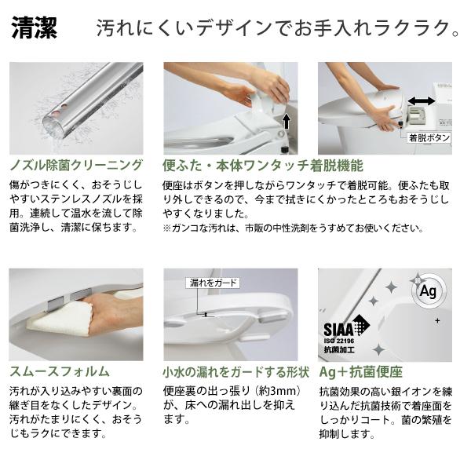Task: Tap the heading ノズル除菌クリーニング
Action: click(76, 166)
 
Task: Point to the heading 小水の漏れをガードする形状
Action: click(235, 371)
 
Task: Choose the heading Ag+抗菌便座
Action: click(360, 371)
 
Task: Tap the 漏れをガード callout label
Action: click(212, 283)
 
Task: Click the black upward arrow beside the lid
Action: click(287, 121)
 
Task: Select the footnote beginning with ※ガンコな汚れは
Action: click(294, 228)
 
